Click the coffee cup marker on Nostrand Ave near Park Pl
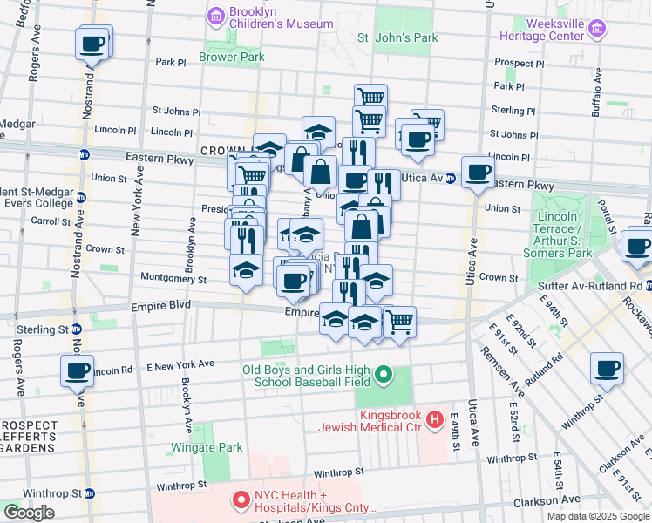pyautogui.click(x=92, y=43)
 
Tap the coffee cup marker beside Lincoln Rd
pyautogui.click(x=77, y=371)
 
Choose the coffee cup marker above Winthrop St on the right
pyautogui.click(x=607, y=368)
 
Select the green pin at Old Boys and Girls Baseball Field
pyautogui.click(x=383, y=377)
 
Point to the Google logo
pyautogui.click(x=29, y=513)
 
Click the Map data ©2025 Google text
pyautogui.click(x=598, y=516)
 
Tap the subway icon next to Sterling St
pyautogui.click(x=77, y=329)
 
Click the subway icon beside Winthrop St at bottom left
pyautogui.click(x=89, y=492)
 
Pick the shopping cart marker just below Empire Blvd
pyautogui.click(x=399, y=322)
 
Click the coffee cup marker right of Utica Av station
pyautogui.click(x=477, y=172)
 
